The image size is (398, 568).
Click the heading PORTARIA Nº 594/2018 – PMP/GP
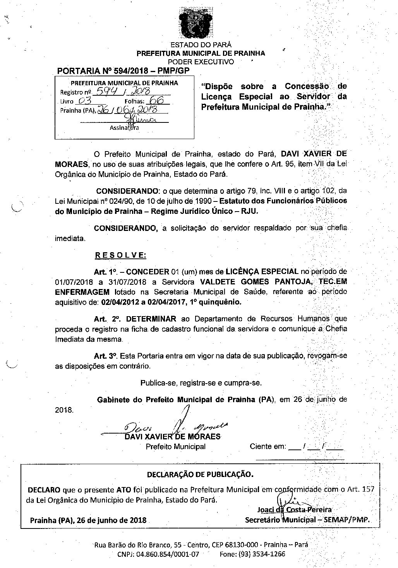(123, 71)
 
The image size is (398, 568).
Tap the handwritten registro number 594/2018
(118, 91)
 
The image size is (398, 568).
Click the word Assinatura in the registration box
(124, 127)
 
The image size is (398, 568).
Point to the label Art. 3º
(106, 355)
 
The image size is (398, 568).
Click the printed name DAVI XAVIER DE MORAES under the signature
(172, 437)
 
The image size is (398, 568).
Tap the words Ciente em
(268, 446)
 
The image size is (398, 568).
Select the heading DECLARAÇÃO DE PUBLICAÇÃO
(200, 474)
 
